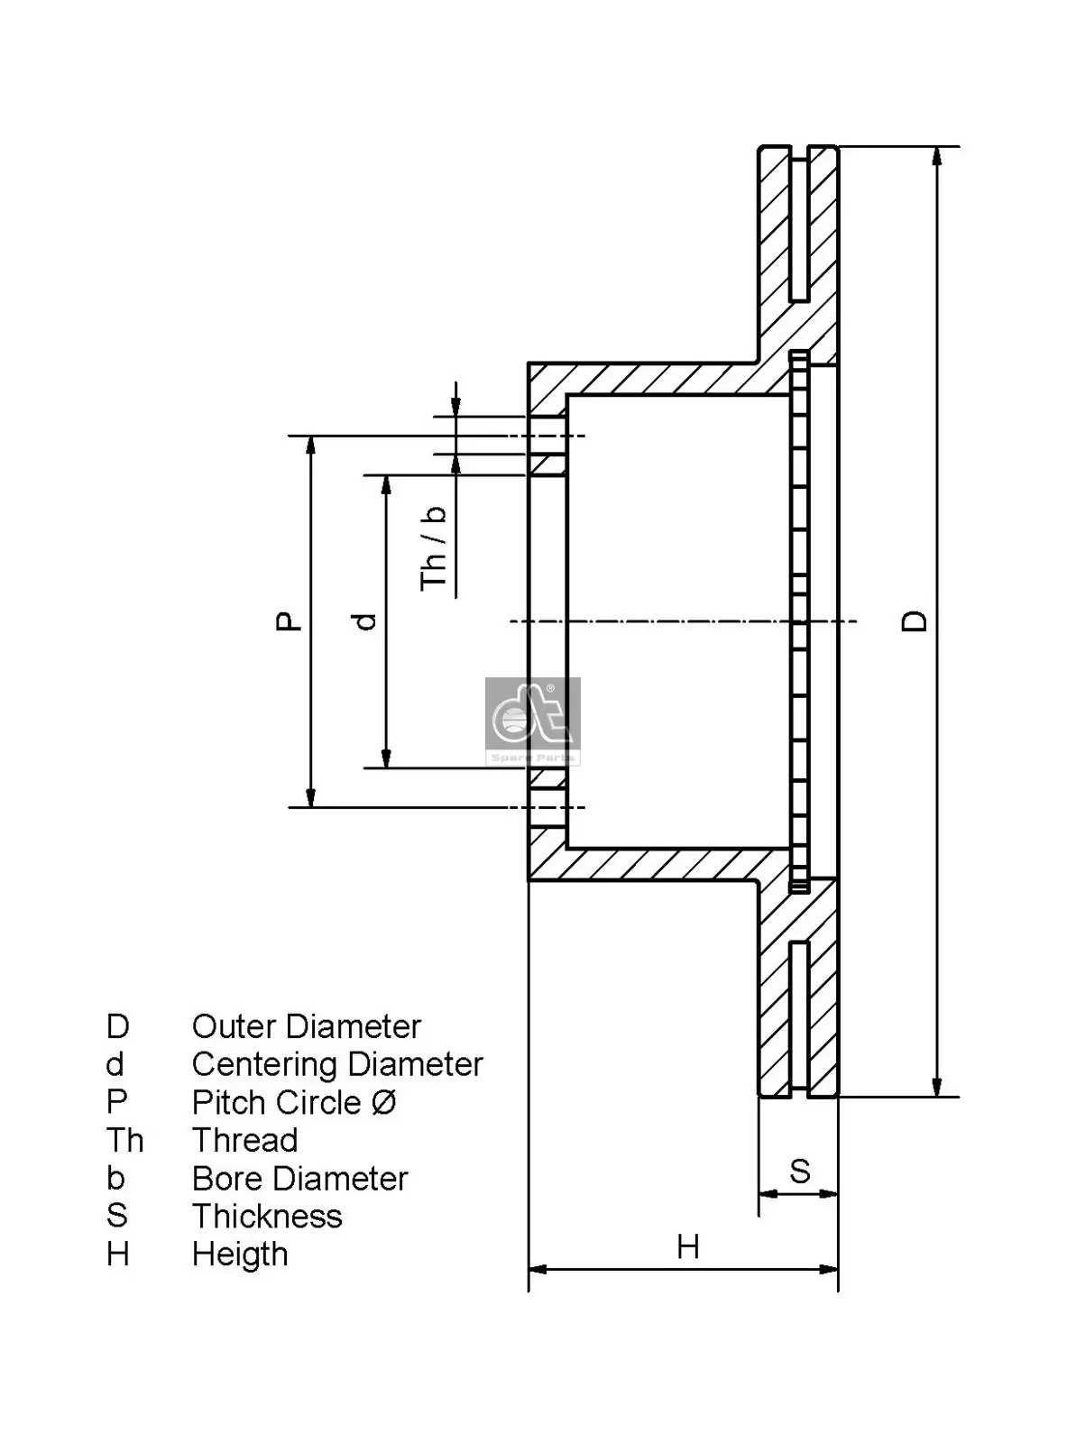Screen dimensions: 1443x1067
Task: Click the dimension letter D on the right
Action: click(x=915, y=620)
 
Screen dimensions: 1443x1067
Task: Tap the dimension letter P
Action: click(x=290, y=620)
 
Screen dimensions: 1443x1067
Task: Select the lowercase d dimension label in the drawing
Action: click(x=365, y=620)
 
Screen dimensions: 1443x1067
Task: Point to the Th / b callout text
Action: click(x=434, y=548)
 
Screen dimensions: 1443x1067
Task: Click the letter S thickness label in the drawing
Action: click(x=799, y=1171)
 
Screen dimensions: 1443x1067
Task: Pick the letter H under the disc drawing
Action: click(x=687, y=1247)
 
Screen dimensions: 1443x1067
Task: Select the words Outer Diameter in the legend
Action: click(x=306, y=1026)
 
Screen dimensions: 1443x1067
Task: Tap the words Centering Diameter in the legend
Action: click(x=337, y=1064)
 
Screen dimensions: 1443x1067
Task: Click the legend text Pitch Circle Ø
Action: click(x=294, y=1102)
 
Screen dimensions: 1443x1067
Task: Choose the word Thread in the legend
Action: click(x=244, y=1140)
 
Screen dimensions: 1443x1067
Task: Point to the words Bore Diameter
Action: click(x=299, y=1179)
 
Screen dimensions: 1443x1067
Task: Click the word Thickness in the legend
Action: click(x=267, y=1217)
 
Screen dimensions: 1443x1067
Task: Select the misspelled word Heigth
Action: click(x=240, y=1255)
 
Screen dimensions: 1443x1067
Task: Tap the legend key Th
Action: click(x=124, y=1140)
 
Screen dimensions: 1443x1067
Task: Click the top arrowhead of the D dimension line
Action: click(x=937, y=155)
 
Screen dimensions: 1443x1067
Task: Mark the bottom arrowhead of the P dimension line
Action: click(x=311, y=797)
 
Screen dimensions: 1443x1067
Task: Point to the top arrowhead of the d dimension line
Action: click(x=387, y=484)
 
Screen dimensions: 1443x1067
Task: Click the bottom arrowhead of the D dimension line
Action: click(x=937, y=1087)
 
